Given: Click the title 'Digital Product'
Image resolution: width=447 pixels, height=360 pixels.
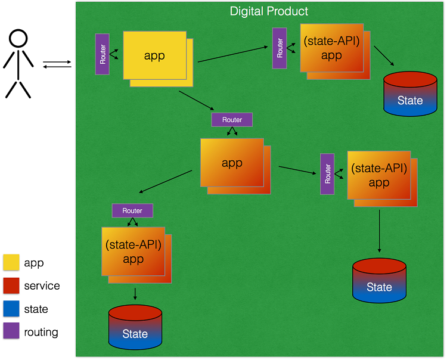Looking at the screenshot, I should click(x=269, y=11).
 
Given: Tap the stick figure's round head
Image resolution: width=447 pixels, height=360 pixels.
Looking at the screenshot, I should click(x=18, y=38).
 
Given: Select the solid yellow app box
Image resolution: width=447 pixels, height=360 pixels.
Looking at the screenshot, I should click(x=154, y=55).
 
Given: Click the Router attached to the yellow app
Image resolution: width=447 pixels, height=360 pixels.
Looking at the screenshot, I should click(x=103, y=54).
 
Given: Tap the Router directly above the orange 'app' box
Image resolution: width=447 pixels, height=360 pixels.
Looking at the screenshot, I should click(x=232, y=120).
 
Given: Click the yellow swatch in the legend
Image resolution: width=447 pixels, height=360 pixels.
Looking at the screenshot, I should click(x=11, y=263).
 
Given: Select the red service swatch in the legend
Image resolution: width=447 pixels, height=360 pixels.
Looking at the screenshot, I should click(x=11, y=286).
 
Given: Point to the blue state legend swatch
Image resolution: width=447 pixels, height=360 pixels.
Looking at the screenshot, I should click(x=11, y=309).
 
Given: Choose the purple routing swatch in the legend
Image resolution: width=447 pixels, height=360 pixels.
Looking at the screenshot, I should click(x=11, y=332).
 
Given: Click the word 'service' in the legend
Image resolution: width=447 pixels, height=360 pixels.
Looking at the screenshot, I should click(x=42, y=286).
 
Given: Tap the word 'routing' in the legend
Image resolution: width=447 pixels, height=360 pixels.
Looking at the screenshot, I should click(x=41, y=333).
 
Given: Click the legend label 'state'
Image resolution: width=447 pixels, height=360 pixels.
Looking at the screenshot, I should click(x=36, y=309).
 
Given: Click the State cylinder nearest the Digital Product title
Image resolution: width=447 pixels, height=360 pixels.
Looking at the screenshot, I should click(x=410, y=94).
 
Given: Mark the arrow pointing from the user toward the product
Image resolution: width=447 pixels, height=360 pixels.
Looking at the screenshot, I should click(x=57, y=61).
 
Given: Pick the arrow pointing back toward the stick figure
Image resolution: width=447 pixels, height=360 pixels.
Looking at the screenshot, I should click(x=57, y=67).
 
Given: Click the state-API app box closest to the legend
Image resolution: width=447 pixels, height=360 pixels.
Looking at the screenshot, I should click(x=133, y=251).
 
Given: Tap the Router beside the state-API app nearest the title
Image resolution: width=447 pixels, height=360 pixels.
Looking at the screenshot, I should click(x=280, y=48).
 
